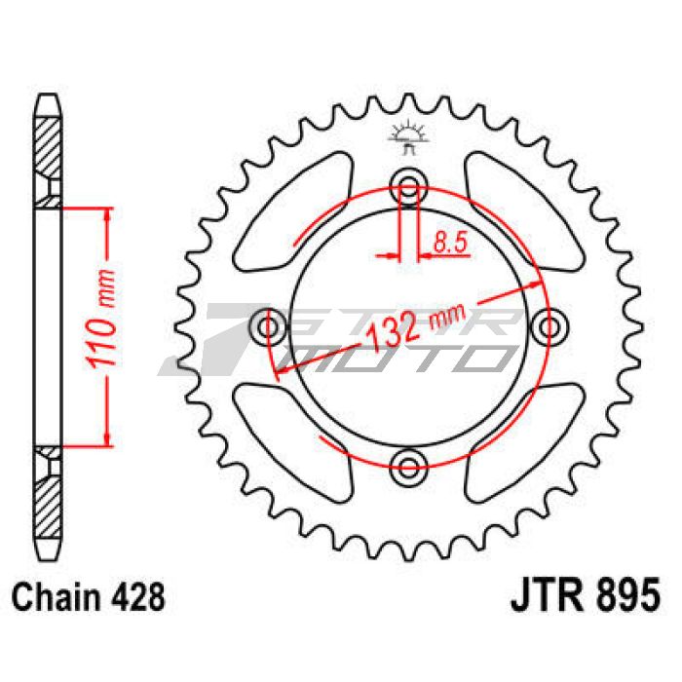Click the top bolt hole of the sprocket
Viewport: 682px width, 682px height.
point(409,185)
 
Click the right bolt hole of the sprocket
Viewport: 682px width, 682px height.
point(551,323)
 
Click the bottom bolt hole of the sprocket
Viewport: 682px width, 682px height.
point(409,462)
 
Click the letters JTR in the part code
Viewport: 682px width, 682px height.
point(542,592)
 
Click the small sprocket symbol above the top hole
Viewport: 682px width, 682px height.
point(408,137)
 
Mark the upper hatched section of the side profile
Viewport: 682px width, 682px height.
point(47,146)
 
